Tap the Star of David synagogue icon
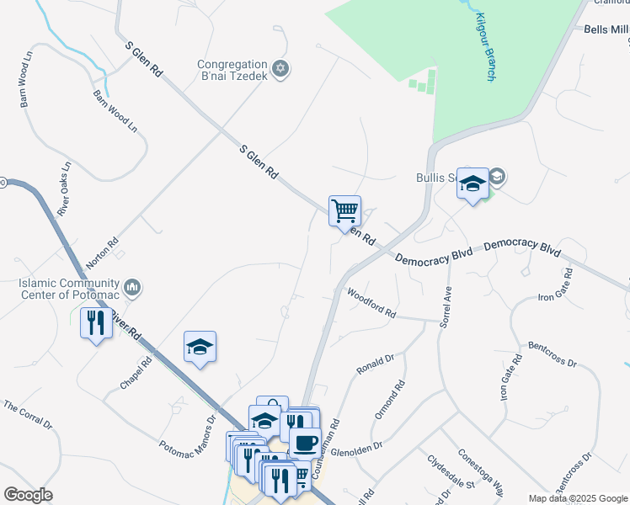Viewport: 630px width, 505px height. click(x=281, y=68)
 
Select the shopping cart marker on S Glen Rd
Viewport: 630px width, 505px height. click(x=344, y=210)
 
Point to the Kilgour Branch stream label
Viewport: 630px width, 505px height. click(x=484, y=46)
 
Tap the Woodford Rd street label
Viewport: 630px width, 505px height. click(x=371, y=300)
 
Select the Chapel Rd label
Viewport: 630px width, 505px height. click(x=135, y=373)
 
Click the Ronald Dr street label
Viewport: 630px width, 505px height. click(x=375, y=364)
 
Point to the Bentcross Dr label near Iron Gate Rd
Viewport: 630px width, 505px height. click(x=553, y=353)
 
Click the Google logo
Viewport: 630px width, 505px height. click(x=28, y=495)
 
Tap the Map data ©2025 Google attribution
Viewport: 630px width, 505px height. click(x=578, y=498)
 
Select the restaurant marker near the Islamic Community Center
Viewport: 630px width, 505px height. click(x=96, y=322)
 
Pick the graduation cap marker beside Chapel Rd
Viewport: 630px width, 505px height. click(x=200, y=346)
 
